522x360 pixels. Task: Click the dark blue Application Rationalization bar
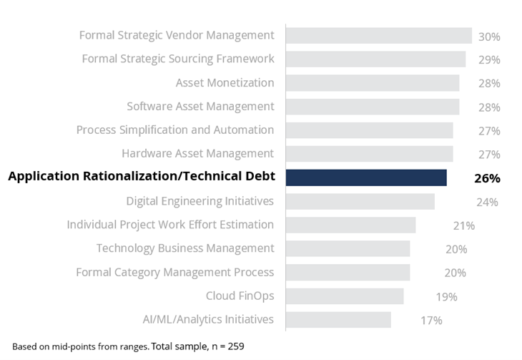pos(366,177)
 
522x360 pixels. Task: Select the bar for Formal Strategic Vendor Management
pos(378,36)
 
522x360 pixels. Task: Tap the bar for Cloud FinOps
pos(345,296)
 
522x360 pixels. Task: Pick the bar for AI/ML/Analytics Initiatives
pos(338,320)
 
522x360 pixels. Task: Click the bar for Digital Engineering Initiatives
pos(360,201)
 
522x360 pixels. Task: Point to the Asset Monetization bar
pos(373,83)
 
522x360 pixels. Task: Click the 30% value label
pos(489,37)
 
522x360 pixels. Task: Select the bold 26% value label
pos(487,178)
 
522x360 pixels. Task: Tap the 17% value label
pos(431,320)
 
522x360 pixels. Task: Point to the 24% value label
pos(487,202)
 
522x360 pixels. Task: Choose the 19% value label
pos(446,296)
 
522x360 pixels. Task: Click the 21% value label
pos(463,225)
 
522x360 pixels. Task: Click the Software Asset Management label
pos(200,106)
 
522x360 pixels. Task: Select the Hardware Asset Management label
pos(197,153)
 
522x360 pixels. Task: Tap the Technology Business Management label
pos(185,248)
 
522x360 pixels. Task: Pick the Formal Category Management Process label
pos(175,272)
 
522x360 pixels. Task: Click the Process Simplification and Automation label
pos(175,130)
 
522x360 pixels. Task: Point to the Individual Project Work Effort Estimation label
pos(170,224)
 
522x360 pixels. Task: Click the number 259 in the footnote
pos(235,346)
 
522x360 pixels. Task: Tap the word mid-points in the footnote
pos(69,346)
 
